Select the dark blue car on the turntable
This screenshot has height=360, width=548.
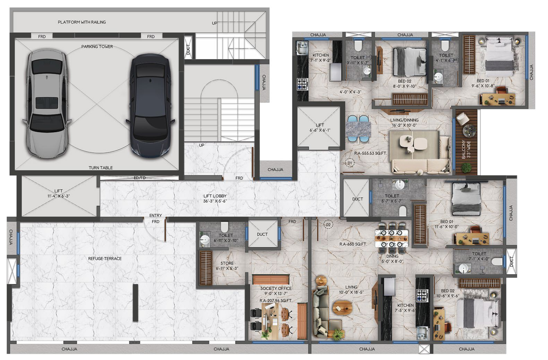point(150,106)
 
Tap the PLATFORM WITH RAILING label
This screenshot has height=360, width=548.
point(82,22)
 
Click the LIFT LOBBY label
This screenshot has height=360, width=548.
point(215,196)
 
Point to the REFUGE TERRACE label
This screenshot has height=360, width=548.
point(105,258)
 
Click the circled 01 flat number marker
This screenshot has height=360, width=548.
point(350,163)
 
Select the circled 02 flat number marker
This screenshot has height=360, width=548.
point(328,224)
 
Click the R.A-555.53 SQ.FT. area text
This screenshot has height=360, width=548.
point(370,153)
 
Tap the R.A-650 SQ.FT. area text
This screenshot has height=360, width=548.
point(353,244)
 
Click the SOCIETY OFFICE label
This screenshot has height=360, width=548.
point(276,288)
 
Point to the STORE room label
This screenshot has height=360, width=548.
point(227,263)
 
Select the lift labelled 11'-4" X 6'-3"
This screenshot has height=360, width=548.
point(59,196)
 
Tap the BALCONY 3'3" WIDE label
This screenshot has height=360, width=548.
point(466,149)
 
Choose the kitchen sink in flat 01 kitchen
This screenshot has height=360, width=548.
point(302,48)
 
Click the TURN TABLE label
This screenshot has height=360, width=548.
point(101,168)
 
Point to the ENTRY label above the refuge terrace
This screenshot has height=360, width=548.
point(156,215)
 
